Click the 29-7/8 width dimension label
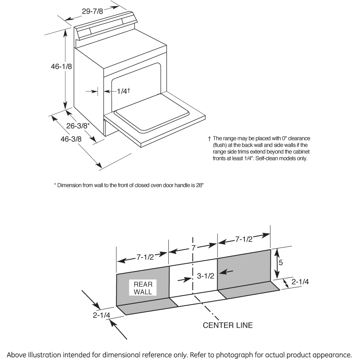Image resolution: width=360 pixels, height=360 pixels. point(92,11)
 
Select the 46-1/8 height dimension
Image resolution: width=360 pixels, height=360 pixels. point(61,67)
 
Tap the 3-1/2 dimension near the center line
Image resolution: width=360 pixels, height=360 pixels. point(206,276)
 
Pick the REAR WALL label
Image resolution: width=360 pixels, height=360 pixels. point(143,288)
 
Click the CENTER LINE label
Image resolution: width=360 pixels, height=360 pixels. point(228,325)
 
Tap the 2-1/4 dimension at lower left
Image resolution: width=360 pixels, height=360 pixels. point(102,315)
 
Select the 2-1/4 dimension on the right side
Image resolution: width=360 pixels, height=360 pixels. point(300,282)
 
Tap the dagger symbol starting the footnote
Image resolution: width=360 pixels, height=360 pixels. point(209,138)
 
